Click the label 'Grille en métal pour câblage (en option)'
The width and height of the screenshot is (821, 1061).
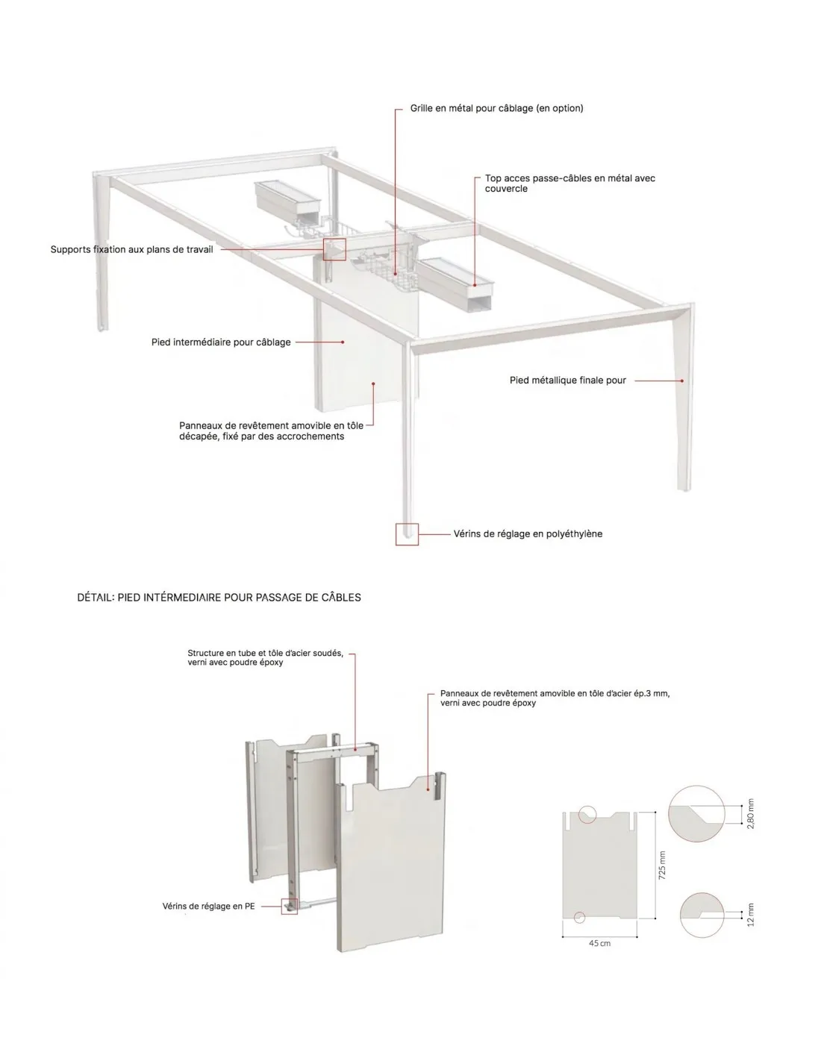(496, 108)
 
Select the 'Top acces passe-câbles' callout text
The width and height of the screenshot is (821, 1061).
(569, 183)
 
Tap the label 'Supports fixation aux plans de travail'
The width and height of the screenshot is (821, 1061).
(131, 249)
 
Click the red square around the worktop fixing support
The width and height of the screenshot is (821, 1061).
(334, 239)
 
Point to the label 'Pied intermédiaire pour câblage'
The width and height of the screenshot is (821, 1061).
(221, 342)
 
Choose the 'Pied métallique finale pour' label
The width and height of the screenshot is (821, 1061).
(567, 381)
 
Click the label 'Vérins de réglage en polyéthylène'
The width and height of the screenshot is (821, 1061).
(528, 533)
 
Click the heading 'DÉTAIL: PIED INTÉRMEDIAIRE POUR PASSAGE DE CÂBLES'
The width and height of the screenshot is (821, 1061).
(219, 597)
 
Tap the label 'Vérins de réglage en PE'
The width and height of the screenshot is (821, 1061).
(208, 907)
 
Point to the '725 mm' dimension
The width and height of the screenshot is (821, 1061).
(662, 866)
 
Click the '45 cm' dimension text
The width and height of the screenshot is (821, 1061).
(599, 943)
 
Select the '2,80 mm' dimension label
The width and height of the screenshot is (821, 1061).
(751, 813)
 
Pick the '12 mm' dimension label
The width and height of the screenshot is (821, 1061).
(751, 915)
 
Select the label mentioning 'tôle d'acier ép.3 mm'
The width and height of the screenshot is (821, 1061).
(555, 698)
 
